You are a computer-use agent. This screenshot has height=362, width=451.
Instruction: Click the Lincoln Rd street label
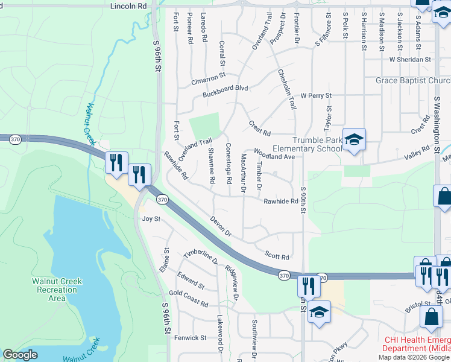[x=128, y=5]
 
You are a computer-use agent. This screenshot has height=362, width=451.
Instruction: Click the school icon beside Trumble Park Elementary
[x=354, y=139]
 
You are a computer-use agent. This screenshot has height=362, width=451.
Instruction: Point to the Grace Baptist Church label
[x=413, y=81]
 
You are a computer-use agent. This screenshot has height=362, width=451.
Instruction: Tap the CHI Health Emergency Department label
[x=417, y=344]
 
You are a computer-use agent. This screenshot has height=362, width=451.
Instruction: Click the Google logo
[x=20, y=355]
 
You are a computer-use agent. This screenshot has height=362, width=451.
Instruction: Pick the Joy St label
[x=151, y=219]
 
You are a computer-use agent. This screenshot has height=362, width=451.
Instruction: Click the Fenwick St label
[x=191, y=338]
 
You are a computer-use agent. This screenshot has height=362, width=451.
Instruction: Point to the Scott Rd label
[x=277, y=256]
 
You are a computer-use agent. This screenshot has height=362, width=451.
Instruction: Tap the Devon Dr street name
[x=221, y=226]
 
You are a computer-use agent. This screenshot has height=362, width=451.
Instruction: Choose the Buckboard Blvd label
[x=225, y=88]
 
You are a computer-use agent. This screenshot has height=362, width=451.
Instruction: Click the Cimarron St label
[x=208, y=78]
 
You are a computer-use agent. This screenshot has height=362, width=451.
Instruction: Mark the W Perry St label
[x=316, y=96]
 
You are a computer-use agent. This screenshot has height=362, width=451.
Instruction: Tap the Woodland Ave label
[x=274, y=153]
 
